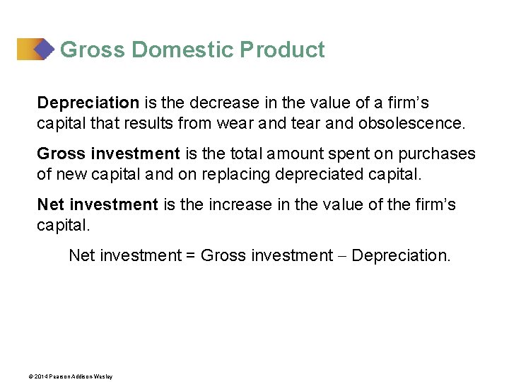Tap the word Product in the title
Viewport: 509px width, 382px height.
coord(282,50)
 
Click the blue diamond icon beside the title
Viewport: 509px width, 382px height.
coord(44,49)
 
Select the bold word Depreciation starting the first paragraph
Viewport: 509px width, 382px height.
coord(88,103)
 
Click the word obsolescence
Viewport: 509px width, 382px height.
coord(413,123)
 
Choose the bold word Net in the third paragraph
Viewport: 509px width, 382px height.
coord(50,204)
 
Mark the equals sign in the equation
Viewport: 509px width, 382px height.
coord(191,255)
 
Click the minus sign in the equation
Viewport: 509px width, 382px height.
coord(342,255)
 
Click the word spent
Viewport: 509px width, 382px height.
coord(349,154)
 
